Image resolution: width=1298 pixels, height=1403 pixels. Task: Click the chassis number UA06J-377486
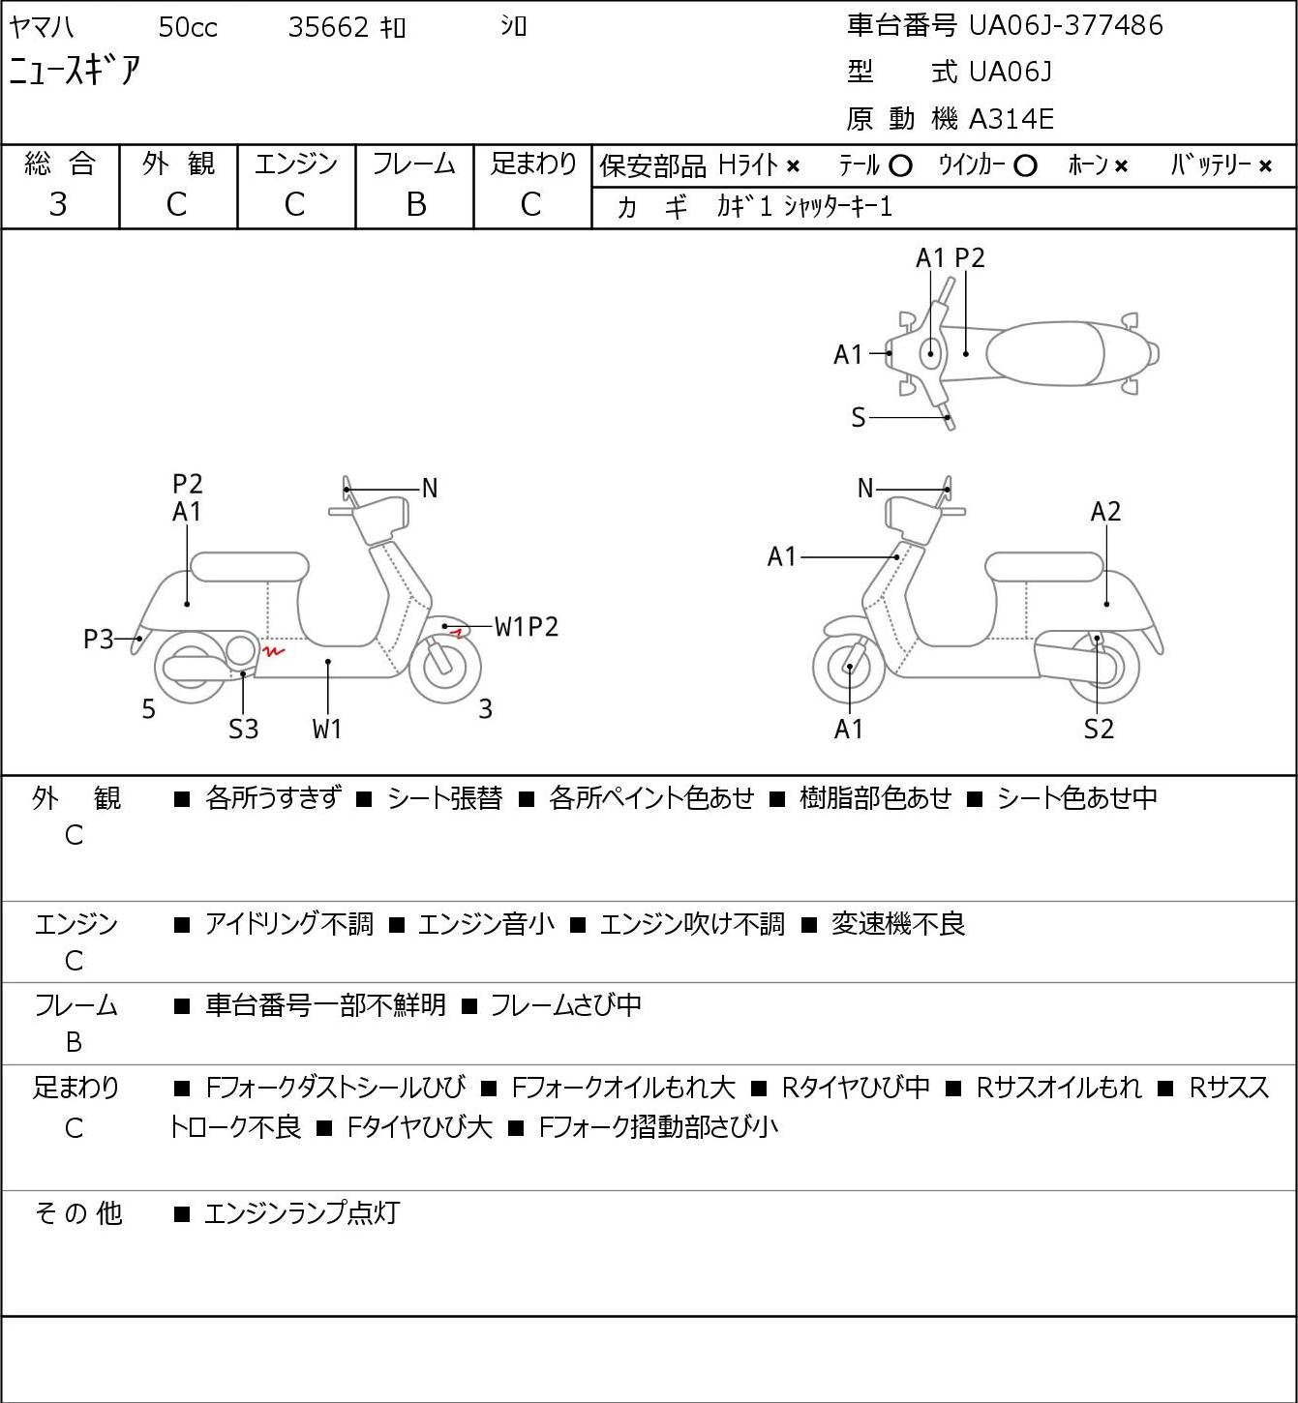tap(1066, 25)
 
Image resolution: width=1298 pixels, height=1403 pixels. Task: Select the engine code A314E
tap(1011, 119)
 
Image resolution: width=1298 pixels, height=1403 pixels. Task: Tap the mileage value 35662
tap(328, 27)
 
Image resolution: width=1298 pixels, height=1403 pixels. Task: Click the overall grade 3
tap(58, 204)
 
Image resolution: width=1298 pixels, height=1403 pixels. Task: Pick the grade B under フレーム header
tap(415, 204)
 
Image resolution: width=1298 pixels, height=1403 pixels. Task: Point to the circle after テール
tap(900, 166)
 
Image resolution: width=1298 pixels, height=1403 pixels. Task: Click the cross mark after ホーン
tap(1120, 166)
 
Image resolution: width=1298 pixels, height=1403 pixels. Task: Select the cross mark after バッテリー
tap(1265, 166)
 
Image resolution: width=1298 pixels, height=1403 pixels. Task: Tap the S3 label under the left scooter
tap(243, 729)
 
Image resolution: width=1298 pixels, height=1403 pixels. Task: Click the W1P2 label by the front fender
tap(526, 627)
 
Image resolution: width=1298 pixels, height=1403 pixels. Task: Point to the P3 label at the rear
tap(99, 640)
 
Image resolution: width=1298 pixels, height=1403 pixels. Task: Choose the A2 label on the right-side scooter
tap(1105, 512)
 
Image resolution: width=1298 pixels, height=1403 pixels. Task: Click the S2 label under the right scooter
tap(1099, 729)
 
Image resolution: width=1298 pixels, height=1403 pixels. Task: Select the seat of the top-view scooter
tap(1045, 353)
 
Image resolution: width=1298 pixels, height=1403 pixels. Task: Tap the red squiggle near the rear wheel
tap(273, 650)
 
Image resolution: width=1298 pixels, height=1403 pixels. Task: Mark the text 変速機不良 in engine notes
tap(898, 924)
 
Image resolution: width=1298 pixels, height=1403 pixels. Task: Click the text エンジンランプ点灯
tap(303, 1213)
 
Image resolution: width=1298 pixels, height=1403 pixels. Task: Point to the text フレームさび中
tap(565, 1005)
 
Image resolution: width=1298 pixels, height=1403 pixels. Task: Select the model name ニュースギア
tap(75, 71)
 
